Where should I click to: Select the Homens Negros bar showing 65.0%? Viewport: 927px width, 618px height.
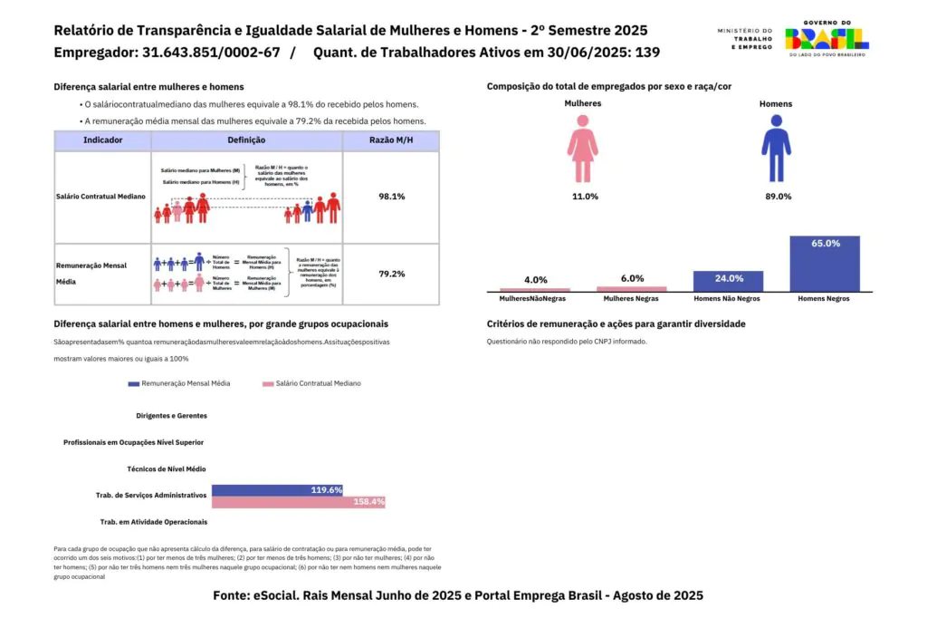(825, 264)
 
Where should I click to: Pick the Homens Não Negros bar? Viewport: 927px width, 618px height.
(728, 281)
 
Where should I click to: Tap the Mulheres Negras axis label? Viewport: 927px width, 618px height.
(631, 298)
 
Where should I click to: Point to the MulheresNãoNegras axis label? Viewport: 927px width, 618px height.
(535, 298)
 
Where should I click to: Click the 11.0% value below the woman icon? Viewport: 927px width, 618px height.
(585, 197)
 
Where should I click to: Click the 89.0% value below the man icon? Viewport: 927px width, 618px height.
(778, 197)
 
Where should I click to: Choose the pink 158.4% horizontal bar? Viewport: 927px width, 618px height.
(299, 502)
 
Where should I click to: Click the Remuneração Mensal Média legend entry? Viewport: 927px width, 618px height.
(179, 383)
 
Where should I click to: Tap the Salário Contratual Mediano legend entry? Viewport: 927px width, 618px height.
(311, 383)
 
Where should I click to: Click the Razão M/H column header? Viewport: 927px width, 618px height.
(392, 140)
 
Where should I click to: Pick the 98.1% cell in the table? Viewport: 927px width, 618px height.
(392, 196)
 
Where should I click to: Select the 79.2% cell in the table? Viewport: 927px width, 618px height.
(392, 273)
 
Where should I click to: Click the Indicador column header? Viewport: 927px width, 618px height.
(102, 140)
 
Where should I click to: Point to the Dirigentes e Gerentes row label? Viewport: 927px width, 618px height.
(171, 416)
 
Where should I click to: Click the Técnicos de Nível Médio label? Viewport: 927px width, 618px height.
(167, 469)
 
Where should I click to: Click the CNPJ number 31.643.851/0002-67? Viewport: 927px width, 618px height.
(211, 53)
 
